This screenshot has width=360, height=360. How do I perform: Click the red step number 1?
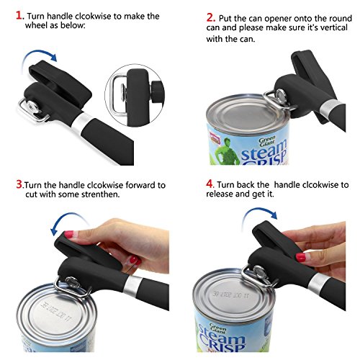click(x=19, y=15)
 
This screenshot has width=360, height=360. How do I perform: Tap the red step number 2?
click(x=210, y=17)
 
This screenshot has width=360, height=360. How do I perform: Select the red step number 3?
click(x=19, y=184)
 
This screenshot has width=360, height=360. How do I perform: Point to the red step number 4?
click(x=210, y=184)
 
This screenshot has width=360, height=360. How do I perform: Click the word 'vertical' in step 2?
click(x=334, y=27)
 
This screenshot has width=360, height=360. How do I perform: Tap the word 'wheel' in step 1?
click(x=36, y=25)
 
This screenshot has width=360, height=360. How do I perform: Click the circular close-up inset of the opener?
click(x=135, y=95)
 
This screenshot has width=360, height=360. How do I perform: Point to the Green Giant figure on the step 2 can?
click(x=225, y=150)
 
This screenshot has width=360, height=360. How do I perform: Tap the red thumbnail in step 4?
click(x=301, y=257)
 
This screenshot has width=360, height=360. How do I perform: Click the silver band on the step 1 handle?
click(x=83, y=123)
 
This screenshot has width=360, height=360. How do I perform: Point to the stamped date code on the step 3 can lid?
click(x=56, y=312)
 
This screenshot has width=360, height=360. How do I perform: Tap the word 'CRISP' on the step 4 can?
click(x=222, y=343)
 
